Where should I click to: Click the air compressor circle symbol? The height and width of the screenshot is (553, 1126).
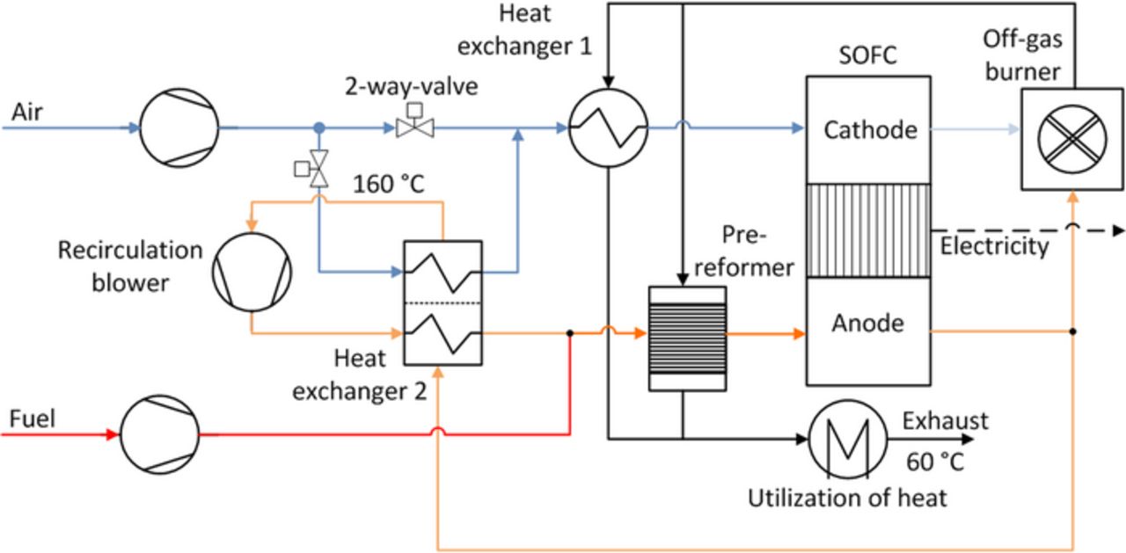pyautogui.click(x=179, y=127)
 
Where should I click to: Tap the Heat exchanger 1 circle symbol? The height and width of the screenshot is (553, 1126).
pyautogui.click(x=607, y=128)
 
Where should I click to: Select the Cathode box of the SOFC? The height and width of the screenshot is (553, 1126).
pyautogui.click(x=868, y=130)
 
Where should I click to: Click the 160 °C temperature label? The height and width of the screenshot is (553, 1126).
pyautogui.click(x=389, y=185)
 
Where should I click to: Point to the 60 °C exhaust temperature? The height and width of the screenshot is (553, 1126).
pyautogui.click(x=934, y=461)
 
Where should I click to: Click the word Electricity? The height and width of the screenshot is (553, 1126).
pyautogui.click(x=994, y=246)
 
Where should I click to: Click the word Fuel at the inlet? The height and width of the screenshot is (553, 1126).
pyautogui.click(x=33, y=418)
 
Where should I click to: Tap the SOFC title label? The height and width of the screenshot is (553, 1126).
pyautogui.click(x=867, y=56)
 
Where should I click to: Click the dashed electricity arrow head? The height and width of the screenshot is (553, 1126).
pyautogui.click(x=1117, y=230)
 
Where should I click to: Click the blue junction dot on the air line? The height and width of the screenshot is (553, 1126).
pyautogui.click(x=320, y=128)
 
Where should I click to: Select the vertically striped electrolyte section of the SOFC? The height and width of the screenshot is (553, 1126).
pyautogui.click(x=868, y=230)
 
